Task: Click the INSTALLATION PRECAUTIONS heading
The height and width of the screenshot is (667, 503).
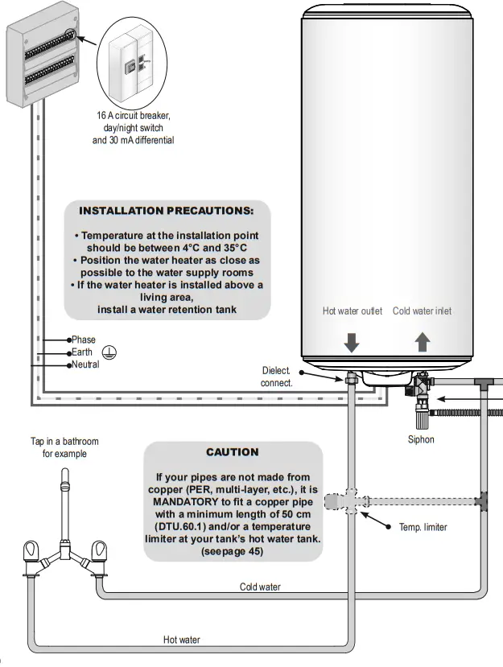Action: pyautogui.click(x=166, y=211)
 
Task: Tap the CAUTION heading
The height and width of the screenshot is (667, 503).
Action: pyautogui.click(x=232, y=452)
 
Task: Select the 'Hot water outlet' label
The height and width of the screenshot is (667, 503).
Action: pyautogui.click(x=353, y=311)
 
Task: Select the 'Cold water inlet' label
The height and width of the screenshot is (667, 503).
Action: pyautogui.click(x=422, y=311)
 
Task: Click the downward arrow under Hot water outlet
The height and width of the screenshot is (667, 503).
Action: pyautogui.click(x=353, y=342)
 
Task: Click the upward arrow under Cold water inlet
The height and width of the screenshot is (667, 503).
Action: pyautogui.click(x=423, y=342)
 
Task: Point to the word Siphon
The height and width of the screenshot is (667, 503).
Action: pyautogui.click(x=420, y=439)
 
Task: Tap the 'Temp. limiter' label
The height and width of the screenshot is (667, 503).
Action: pyautogui.click(x=423, y=527)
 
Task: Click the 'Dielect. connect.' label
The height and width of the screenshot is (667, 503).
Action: pyautogui.click(x=276, y=377)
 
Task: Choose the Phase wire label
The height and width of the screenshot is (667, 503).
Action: pyautogui.click(x=83, y=340)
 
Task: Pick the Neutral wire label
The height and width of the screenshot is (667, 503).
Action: pyautogui.click(x=85, y=364)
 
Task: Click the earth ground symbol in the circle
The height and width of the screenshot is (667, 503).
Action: pyautogui.click(x=109, y=352)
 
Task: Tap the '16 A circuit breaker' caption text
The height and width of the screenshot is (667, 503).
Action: pyautogui.click(x=133, y=116)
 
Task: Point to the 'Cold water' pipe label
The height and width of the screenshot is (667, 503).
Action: pyautogui.click(x=260, y=587)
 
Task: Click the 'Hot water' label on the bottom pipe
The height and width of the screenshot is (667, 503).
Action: pyautogui.click(x=181, y=640)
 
